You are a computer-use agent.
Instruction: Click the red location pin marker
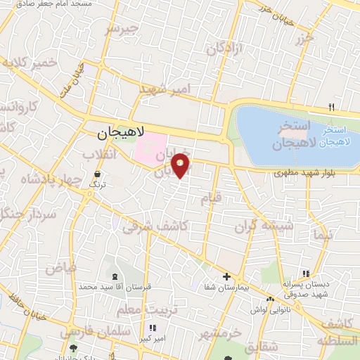(x=181, y=165)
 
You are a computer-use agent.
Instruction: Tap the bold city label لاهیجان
(x=120, y=132)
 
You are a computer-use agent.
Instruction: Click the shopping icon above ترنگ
(x=97, y=173)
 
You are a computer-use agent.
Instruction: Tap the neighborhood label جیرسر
(x=123, y=30)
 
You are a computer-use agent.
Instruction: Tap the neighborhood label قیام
(x=211, y=199)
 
